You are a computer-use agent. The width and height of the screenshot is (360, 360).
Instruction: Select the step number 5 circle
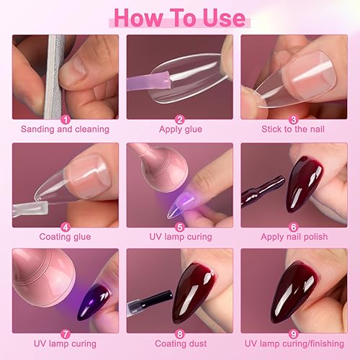[x=179, y=225]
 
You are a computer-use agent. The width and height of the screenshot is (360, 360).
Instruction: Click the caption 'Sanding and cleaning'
[x=66, y=130]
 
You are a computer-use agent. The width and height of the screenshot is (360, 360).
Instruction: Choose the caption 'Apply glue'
[x=179, y=130]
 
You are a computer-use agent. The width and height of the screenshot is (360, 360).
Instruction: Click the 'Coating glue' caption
[x=66, y=236]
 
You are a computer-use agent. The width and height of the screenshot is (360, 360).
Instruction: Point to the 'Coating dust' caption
[x=179, y=343]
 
